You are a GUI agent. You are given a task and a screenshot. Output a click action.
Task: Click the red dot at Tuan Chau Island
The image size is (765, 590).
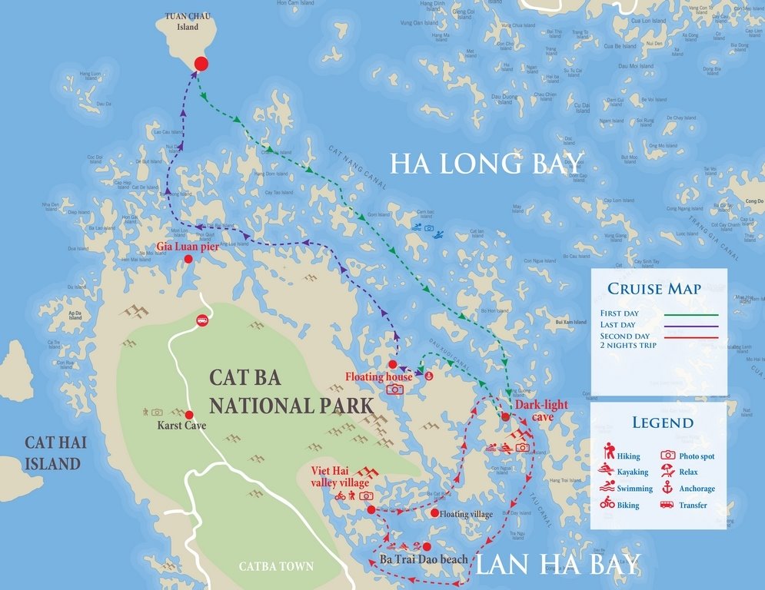coord(201,64)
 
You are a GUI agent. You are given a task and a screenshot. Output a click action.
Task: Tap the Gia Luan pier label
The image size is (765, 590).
coord(188,247)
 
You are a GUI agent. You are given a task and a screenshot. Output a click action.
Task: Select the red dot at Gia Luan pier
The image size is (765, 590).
coord(188,260)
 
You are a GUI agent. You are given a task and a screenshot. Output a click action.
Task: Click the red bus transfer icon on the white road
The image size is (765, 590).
coord(202,320)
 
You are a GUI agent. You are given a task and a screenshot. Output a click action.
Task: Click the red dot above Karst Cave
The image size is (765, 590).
coord(188,414)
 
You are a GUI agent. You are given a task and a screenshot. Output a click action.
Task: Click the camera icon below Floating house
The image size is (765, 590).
coord(394,389)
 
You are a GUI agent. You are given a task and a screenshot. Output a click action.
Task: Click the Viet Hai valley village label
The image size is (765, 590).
coord(341,477)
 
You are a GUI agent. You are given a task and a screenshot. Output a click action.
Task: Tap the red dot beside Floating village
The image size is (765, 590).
coord(434,513)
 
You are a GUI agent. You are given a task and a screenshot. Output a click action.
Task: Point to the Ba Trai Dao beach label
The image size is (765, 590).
coord(424,559)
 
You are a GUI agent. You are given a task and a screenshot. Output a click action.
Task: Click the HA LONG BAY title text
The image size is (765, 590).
coord(486,164)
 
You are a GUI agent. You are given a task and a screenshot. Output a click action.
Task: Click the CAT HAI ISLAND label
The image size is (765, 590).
coord(52,452)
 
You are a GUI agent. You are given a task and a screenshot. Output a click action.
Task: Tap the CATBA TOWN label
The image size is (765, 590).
coord(276,567)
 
